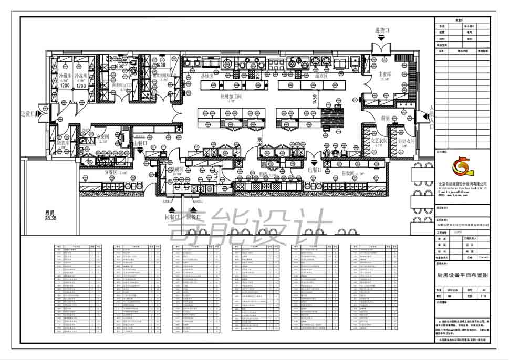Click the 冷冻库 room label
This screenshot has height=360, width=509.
80,76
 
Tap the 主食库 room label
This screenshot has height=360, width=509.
385,75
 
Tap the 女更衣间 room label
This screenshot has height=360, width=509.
379,141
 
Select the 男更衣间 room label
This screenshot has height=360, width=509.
406,141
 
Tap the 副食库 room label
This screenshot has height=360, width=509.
63,142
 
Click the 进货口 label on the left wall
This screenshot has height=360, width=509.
28,113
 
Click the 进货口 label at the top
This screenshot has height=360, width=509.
382,31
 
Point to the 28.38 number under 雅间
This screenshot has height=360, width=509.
51,218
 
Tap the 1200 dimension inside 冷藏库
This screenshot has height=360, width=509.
65,85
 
